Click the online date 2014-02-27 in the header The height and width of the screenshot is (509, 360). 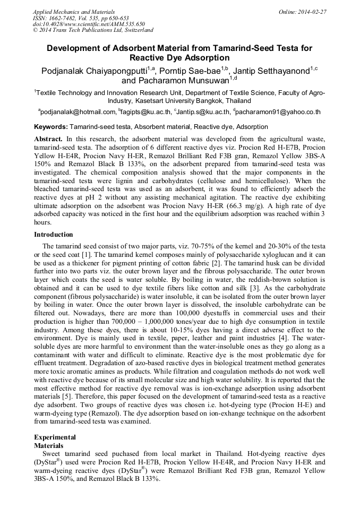(x=308, y=11)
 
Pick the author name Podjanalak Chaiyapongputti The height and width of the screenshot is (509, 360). (x=91, y=71)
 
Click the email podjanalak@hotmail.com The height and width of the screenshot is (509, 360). (x=78, y=112)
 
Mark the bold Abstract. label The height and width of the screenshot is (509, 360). (x=48, y=138)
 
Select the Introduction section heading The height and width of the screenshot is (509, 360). (x=54, y=234)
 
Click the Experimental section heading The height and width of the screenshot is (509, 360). (x=55, y=437)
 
